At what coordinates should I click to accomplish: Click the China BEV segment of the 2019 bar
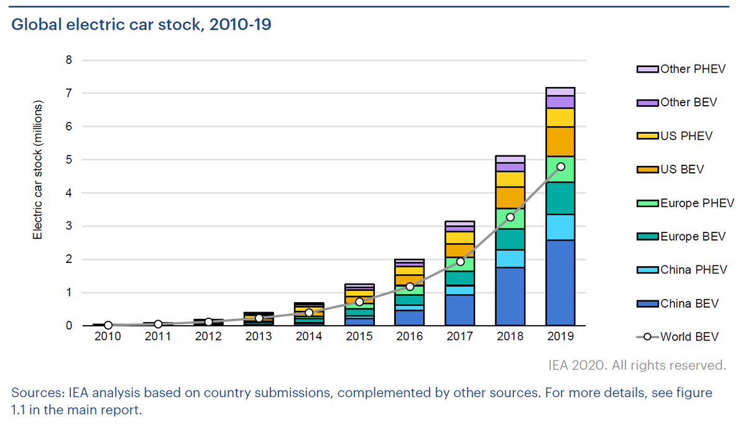[x=560, y=283]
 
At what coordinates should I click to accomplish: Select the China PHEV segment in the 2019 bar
[x=560, y=227]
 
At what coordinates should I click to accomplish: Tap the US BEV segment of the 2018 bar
[x=510, y=198]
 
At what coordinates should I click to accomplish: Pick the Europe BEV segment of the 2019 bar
[x=560, y=198]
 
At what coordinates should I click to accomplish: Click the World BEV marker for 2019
[x=560, y=167]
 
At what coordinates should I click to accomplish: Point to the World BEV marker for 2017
[x=460, y=261]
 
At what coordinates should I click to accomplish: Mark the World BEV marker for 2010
[x=108, y=325]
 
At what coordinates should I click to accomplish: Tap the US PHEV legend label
[x=686, y=136]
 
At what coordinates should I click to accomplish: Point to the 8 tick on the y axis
[x=69, y=60]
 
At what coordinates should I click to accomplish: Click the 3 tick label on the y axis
[x=69, y=226]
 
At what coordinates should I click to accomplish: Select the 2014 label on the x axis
[x=309, y=337]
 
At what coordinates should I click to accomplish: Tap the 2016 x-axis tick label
[x=410, y=337]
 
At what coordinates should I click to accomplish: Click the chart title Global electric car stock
[x=142, y=25]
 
